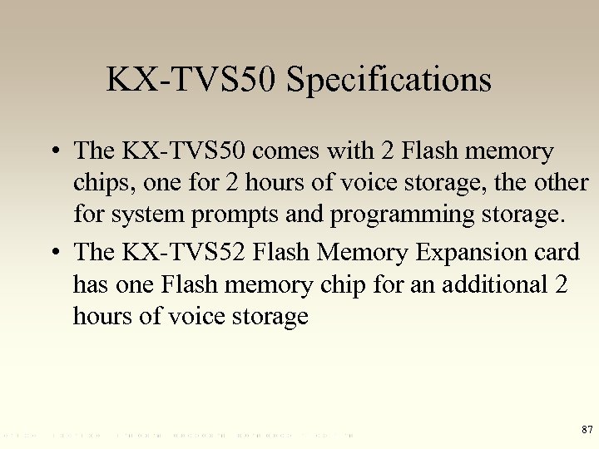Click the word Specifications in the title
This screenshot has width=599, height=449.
pyautogui.click(x=389, y=81)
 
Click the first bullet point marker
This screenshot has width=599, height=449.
pyautogui.click(x=53, y=151)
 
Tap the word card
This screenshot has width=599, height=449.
pyautogui.click(x=557, y=252)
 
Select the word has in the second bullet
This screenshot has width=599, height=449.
pyautogui.click(x=90, y=284)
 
